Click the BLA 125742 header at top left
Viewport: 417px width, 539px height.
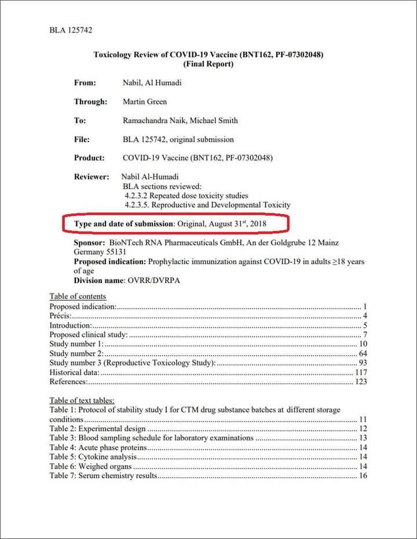pos(71,30)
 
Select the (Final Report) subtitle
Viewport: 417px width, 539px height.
pos(209,64)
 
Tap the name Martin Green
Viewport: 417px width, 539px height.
pos(145,102)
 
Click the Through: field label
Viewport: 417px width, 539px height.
pos(90,102)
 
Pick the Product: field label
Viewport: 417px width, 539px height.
pos(89,158)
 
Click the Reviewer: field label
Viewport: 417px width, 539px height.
pos(92,176)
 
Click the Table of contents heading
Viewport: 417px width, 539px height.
pos(78,296)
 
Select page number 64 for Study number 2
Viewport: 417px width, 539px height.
pos(363,353)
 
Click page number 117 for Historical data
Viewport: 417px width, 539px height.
pos(361,372)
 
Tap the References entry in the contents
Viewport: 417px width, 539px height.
pos(68,382)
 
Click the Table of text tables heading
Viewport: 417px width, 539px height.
pos(82,400)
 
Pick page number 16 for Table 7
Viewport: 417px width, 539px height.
pos(363,476)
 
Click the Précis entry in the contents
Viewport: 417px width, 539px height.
pos(60,316)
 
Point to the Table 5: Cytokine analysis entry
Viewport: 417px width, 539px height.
pos(93,457)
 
